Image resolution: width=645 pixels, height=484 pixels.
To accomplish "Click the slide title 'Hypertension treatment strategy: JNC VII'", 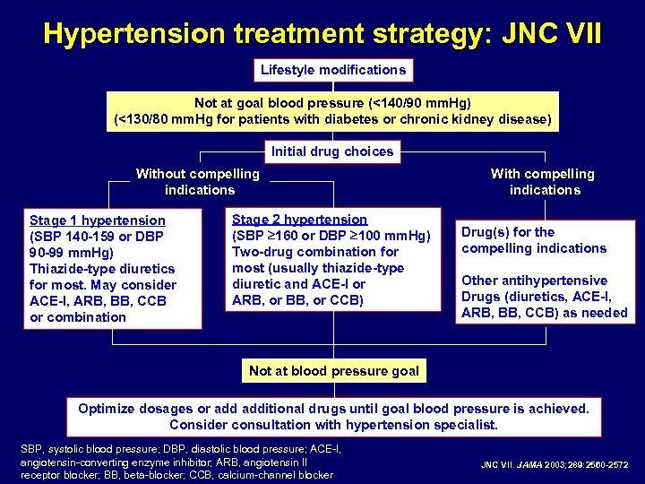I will pyautogui.click(x=322, y=34).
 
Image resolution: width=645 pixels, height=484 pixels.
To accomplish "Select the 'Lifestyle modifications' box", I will pyautogui.click(x=332, y=70).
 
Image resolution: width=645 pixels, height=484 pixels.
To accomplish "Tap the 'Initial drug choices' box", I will pyautogui.click(x=332, y=151).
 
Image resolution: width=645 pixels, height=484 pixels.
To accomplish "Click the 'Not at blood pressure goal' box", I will pyautogui.click(x=333, y=371).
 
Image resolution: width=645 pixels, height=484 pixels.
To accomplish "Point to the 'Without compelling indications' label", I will pyautogui.click(x=198, y=182).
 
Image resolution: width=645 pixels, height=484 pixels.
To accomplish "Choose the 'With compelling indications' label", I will pyautogui.click(x=543, y=182).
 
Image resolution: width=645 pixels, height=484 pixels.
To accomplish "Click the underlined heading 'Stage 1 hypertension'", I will pyautogui.click(x=98, y=220).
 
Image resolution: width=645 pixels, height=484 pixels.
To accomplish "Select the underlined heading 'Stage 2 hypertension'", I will pyautogui.click(x=299, y=220).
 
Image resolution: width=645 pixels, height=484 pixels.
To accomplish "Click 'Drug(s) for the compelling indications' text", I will pyautogui.click(x=533, y=240).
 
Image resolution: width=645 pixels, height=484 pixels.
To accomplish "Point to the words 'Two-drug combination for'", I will pyautogui.click(x=314, y=252).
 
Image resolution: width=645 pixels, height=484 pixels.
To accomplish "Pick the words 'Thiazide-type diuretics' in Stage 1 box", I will pyautogui.click(x=102, y=269).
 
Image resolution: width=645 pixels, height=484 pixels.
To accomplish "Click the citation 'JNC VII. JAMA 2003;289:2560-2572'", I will pyautogui.click(x=555, y=464).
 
